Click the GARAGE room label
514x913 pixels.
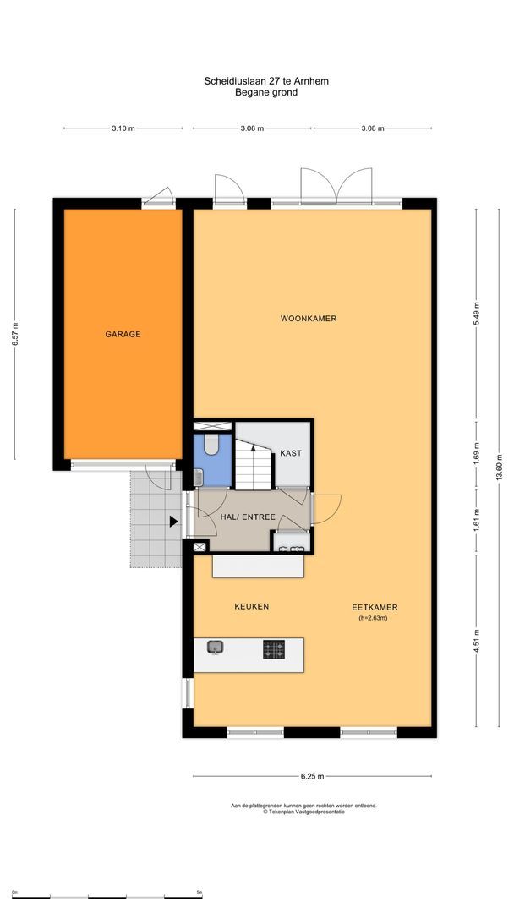point(123,334)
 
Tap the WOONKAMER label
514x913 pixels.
point(309,319)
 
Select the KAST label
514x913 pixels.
point(291,453)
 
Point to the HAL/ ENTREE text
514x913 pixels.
point(248,517)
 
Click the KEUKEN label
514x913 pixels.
point(251,607)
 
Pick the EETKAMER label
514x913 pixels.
point(375,607)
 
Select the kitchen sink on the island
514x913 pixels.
point(216,648)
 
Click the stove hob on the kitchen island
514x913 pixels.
point(273,649)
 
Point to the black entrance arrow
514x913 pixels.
point(174,522)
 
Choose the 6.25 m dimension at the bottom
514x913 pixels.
point(312,776)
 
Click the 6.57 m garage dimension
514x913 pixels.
point(14,335)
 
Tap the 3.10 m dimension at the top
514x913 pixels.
point(123,128)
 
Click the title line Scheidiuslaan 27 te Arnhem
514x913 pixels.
point(265,81)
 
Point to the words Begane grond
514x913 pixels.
point(265,92)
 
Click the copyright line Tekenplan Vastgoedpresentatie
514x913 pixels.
point(303,812)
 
